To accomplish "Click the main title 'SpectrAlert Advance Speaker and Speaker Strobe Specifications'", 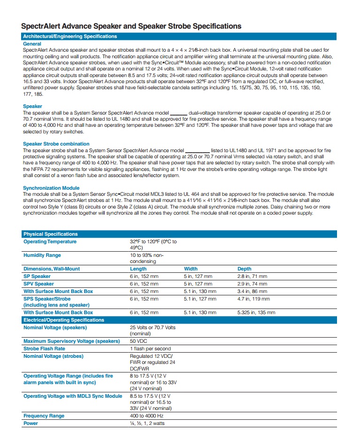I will coord(131,26).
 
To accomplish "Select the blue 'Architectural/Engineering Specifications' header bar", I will coord(70,37).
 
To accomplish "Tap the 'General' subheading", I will coord(32,44).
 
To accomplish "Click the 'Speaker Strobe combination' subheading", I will coord(56,144).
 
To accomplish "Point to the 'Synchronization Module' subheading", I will coord(51,188).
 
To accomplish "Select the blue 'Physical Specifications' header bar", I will coord(51,234).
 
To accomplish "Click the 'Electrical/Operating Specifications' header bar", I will coord(64,320).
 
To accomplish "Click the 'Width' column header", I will coord(191,269).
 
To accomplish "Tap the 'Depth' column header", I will coord(245,269).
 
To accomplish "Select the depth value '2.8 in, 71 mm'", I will coord(252,277).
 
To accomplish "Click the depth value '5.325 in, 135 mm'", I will coord(256,312).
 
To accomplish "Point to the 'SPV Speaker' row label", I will coord(38,284).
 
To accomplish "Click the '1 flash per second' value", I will coord(150,348).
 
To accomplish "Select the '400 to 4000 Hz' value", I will coord(146,416).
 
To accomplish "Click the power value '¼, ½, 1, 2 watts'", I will coord(147,423).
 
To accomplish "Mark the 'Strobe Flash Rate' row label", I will coord(44,348).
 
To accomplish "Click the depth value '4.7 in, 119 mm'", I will coord(253,298).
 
